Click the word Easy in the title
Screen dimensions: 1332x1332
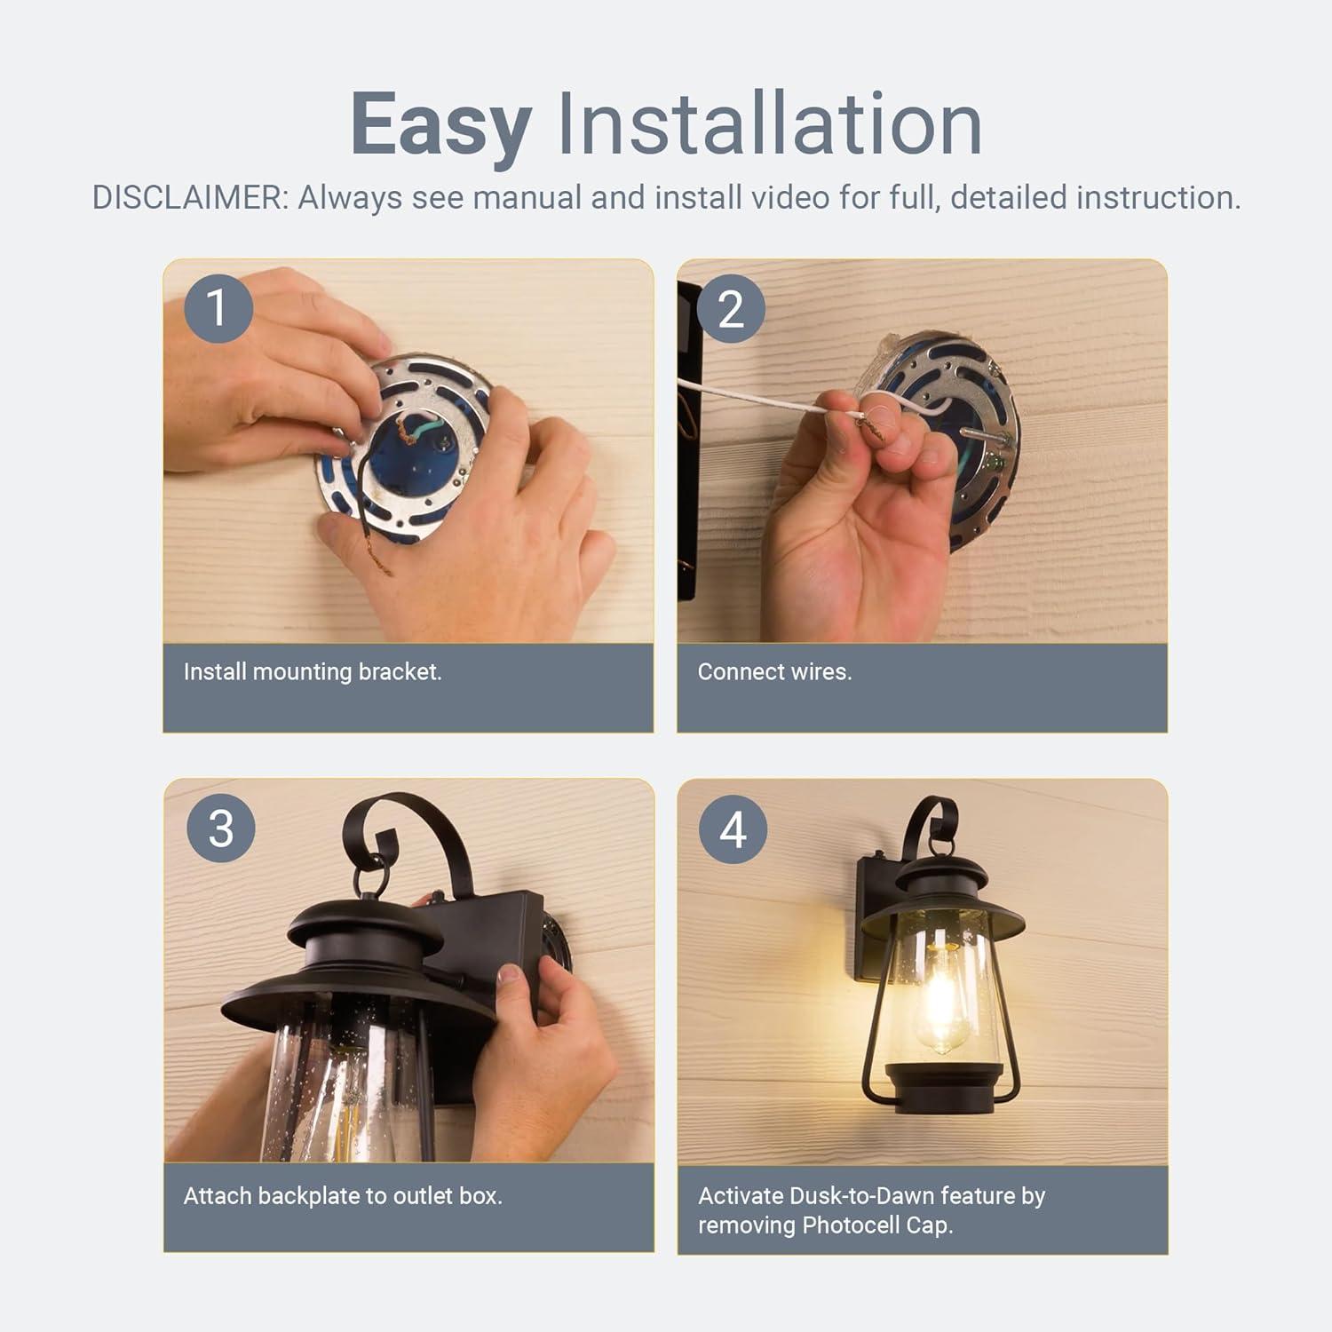pyautogui.click(x=440, y=124)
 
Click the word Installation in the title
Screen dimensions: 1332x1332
pyautogui.click(x=769, y=124)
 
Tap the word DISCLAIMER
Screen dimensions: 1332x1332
pyautogui.click(x=190, y=198)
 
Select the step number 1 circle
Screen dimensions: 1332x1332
pyautogui.click(x=218, y=308)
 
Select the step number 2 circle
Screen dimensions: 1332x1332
pyautogui.click(x=731, y=309)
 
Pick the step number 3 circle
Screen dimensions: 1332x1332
pyautogui.click(x=220, y=829)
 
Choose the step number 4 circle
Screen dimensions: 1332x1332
pyautogui.click(x=733, y=830)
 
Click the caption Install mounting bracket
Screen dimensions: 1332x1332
pyautogui.click(x=313, y=671)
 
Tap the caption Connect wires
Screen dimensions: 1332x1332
pyautogui.click(x=774, y=671)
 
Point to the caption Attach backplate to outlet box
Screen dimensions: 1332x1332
pyautogui.click(x=343, y=1195)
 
